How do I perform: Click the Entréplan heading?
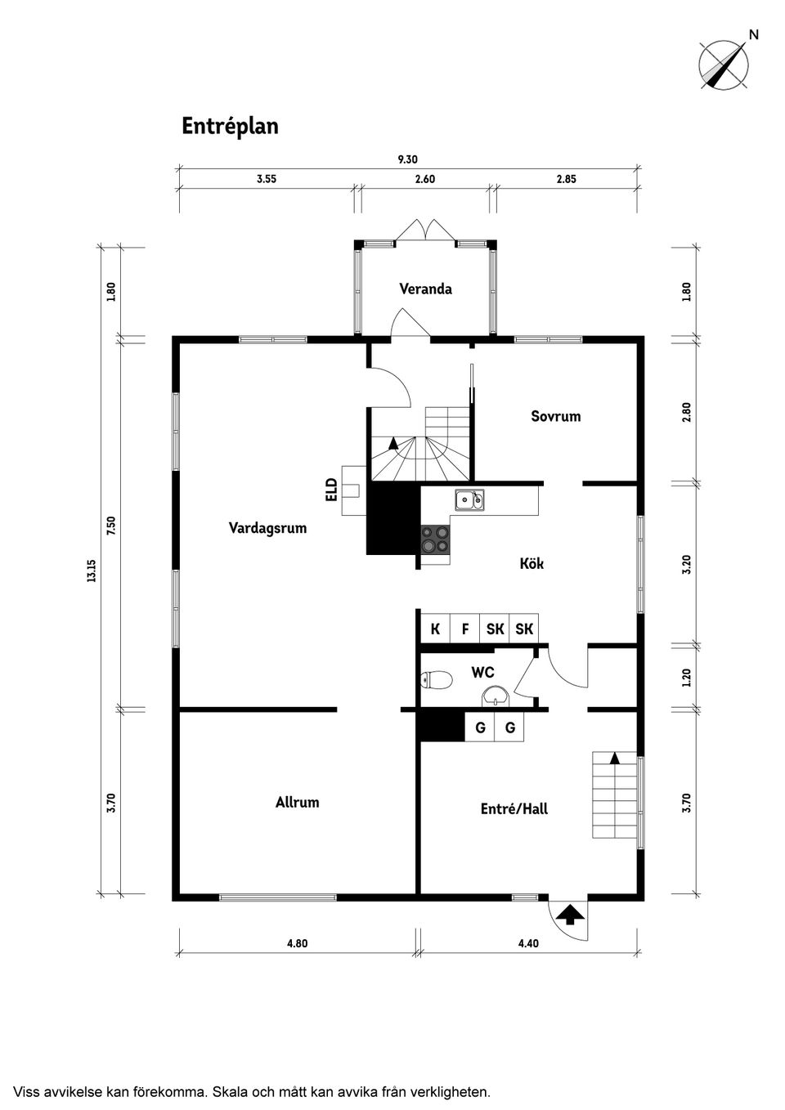230,127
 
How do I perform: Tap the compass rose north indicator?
725,64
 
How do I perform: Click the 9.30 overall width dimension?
407,159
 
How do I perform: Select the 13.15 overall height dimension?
92,571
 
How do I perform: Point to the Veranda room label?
426,289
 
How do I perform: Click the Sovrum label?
555,416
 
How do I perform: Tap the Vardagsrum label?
267,528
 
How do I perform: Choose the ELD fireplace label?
331,489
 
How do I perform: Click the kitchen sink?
470,499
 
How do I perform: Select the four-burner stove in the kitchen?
435,539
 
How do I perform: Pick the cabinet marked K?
435,629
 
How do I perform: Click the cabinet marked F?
464,629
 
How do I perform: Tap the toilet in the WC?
436,680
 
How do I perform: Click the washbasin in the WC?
495,696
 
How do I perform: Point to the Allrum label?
298,803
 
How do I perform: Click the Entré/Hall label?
514,809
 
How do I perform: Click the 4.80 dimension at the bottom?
298,943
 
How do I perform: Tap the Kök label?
532,563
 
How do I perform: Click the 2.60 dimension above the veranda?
425,179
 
